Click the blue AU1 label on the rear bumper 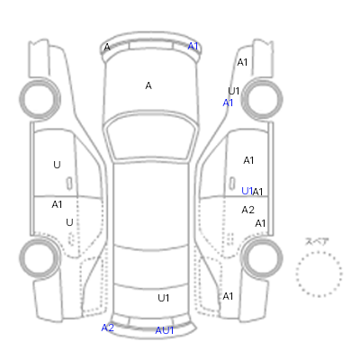[x=165, y=330]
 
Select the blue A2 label [x=108, y=328]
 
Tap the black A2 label [x=248, y=210]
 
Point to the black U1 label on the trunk [x=164, y=298]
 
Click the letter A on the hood [x=148, y=85]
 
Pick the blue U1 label [x=247, y=191]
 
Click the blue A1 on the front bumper [x=193, y=46]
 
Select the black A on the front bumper [x=107, y=47]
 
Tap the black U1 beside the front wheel [x=234, y=91]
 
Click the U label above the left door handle [x=57, y=165]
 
